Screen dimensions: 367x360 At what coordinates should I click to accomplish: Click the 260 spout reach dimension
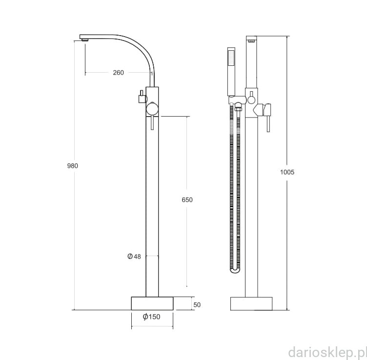click(118, 73)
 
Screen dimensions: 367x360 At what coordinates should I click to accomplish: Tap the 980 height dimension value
click(73, 166)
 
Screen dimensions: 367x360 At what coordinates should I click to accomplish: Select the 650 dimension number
click(187, 200)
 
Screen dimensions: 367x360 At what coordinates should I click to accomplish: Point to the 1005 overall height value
click(287, 172)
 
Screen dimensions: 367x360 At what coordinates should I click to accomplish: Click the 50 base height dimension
click(197, 305)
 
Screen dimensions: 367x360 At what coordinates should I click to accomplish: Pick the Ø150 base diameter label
click(152, 317)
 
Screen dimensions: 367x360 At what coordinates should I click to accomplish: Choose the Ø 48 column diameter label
click(134, 257)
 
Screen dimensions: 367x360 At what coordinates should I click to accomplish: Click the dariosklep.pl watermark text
click(327, 352)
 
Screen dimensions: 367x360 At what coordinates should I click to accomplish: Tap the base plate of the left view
click(152, 303)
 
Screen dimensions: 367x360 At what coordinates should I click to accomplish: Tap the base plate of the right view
click(251, 303)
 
